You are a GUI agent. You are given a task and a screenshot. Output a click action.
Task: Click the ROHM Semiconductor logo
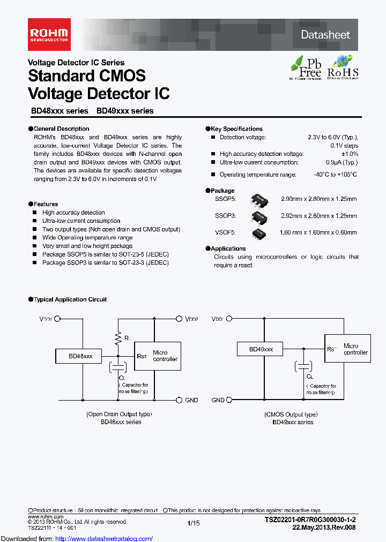48,34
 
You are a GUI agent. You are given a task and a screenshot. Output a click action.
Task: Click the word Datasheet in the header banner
325,35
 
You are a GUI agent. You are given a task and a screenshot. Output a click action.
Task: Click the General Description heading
61,129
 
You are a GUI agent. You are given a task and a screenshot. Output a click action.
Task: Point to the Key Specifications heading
236,129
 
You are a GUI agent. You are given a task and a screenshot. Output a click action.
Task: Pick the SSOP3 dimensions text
318,216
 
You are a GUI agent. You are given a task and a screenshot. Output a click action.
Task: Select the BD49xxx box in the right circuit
261,349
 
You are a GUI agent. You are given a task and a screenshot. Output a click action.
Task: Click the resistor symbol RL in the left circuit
118,337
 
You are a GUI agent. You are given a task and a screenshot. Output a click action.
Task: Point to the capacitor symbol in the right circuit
303,366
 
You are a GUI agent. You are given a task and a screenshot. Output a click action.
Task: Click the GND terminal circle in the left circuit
179,400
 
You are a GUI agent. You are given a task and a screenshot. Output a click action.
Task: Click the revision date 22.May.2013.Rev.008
324,527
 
